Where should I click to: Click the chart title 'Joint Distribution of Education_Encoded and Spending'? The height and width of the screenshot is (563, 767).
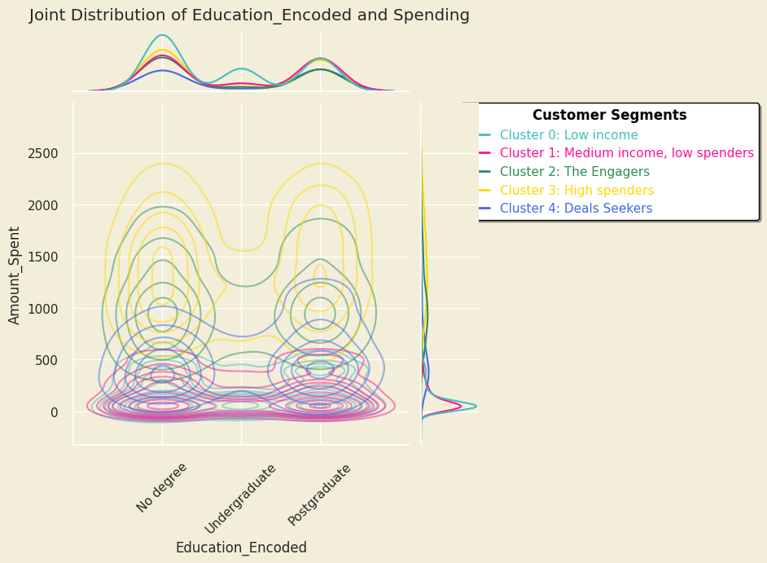pos(249,15)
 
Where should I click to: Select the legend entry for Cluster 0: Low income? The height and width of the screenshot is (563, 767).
pos(568,135)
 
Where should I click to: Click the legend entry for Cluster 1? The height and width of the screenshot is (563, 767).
pos(626,153)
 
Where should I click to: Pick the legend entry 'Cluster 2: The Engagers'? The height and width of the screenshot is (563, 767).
pos(574,172)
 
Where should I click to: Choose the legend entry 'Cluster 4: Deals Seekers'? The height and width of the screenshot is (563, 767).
pos(576,209)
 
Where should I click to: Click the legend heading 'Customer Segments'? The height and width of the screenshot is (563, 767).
pos(609,116)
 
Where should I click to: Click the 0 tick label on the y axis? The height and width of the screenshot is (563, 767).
pos(54,412)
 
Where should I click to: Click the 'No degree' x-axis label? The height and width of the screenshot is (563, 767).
pos(162,487)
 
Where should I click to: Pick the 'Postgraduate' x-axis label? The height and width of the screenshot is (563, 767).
pos(319,495)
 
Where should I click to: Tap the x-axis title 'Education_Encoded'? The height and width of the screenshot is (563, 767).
pos(241,548)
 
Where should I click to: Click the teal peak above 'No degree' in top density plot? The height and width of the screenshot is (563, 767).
pos(162,35)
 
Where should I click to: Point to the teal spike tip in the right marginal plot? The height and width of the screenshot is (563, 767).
pos(476,406)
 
